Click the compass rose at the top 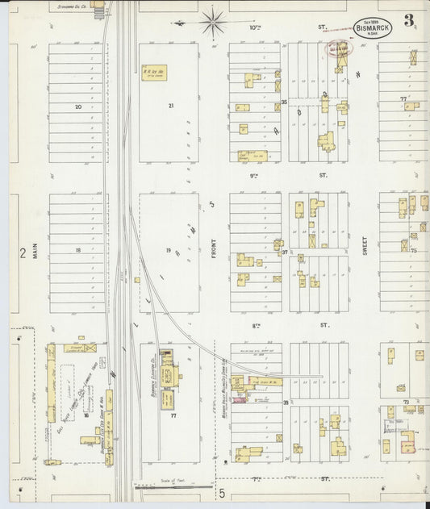(x=213, y=22)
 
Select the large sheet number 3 (x=411, y=20)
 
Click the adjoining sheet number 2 (x=23, y=253)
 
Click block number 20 (x=78, y=107)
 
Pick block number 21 (x=170, y=106)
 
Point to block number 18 (x=78, y=251)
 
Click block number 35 (x=285, y=102)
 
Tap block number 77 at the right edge (x=403, y=98)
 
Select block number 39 (x=286, y=402)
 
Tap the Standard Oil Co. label (x=72, y=6)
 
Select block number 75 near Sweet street (x=413, y=251)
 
